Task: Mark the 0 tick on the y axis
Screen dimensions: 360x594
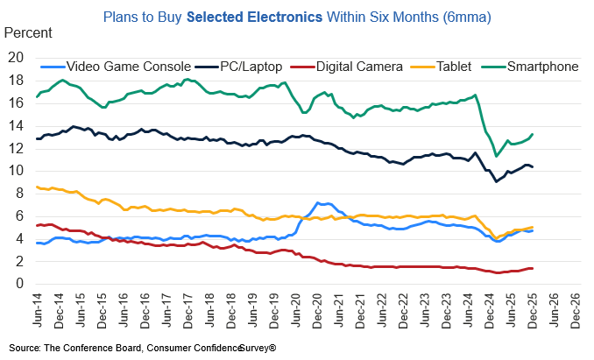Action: coord(18,283)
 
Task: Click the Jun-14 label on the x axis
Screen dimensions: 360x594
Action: coord(39,307)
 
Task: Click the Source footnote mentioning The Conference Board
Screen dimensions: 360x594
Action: coord(144,347)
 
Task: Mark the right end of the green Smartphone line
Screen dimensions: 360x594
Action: coord(534,134)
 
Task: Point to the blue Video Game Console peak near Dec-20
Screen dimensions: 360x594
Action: coord(318,202)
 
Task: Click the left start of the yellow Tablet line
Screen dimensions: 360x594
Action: coord(36,187)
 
